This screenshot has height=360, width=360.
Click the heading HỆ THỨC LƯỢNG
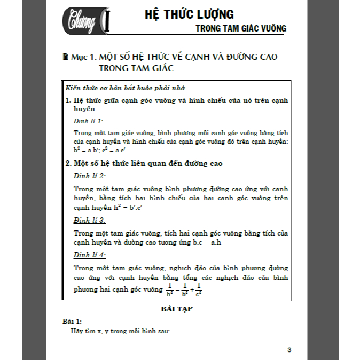click(190, 14)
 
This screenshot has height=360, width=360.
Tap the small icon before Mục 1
click(66, 56)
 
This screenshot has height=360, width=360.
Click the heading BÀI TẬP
click(176, 309)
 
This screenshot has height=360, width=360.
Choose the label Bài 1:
click(72, 321)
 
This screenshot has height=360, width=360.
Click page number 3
click(289, 350)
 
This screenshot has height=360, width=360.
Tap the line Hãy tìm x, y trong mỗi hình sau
click(120, 331)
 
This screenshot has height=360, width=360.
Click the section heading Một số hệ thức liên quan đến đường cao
click(147, 163)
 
